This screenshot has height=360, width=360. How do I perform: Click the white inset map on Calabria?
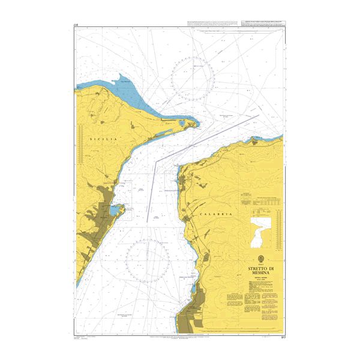click(260, 230)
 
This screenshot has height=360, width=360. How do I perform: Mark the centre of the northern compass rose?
click(192, 76)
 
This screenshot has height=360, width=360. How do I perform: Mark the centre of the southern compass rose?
click(148, 259)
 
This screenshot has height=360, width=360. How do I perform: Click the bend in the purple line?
click(158, 161)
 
